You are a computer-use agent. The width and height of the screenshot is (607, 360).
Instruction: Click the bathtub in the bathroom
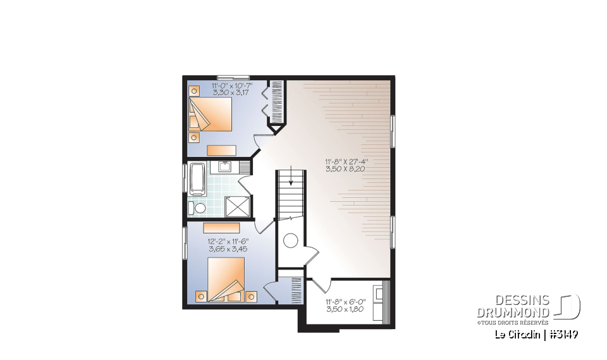pos(197,178)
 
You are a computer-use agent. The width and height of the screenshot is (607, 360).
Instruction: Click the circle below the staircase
pos(290,240)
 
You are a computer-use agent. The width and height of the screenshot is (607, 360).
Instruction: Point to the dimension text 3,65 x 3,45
pos(228,249)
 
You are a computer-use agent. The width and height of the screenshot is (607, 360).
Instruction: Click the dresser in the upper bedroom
pos(221,150)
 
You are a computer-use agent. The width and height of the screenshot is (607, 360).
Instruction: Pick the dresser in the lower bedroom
pos(221,228)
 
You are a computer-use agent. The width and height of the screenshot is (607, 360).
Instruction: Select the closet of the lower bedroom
pos(295,292)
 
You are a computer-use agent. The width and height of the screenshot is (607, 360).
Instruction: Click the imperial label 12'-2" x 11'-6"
pos(228,241)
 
